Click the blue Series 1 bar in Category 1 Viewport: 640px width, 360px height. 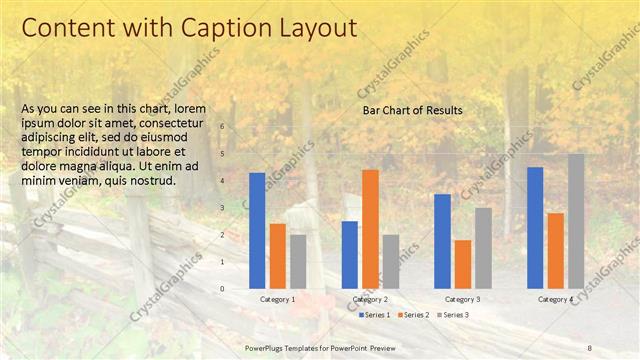257,231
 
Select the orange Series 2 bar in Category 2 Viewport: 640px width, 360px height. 370,229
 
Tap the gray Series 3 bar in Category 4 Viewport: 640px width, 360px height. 576,221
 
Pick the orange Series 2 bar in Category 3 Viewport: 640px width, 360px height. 462,264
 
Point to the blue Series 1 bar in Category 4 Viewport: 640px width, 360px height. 535,228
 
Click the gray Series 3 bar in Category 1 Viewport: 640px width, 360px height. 298,262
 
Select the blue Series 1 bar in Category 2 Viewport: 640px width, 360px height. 350,255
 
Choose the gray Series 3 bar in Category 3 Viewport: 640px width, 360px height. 483,248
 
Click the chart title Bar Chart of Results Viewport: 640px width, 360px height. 412,110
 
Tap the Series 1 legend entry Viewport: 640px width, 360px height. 374,315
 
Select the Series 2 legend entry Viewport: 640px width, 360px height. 412,315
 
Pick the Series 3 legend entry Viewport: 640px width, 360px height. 451,315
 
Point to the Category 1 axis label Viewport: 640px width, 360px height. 277,300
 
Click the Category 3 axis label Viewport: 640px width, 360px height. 462,300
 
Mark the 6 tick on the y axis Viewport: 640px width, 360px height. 222,127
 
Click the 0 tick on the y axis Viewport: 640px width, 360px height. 222,289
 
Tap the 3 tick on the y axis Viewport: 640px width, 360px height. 222,208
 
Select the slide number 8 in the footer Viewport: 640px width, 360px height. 589,347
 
